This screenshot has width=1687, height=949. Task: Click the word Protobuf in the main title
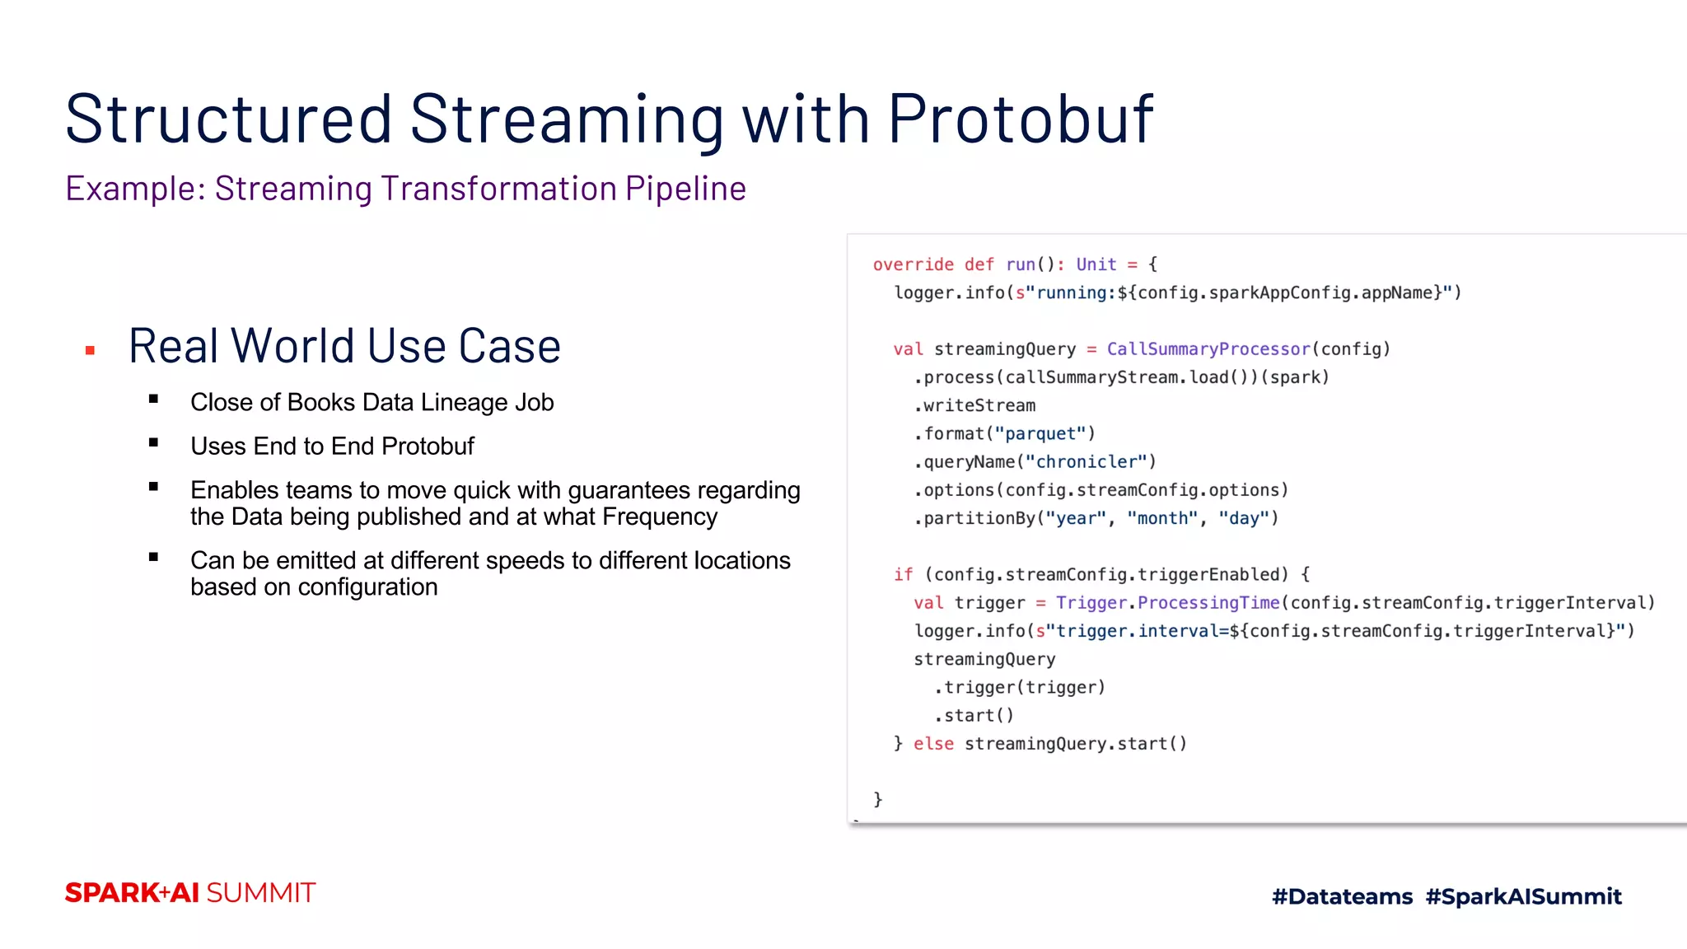pos(1020,120)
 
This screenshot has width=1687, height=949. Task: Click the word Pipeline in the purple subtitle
pos(685,189)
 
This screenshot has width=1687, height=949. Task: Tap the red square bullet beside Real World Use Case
pos(91,351)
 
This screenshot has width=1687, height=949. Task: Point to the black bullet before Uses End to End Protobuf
pos(153,443)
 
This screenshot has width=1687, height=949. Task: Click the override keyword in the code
pos(913,264)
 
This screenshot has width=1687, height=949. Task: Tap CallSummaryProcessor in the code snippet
pos(1208,349)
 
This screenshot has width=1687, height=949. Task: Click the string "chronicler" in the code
pos(1086,462)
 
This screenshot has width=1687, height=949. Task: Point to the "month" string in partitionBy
pos(1162,518)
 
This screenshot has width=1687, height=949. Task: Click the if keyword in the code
pos(903,574)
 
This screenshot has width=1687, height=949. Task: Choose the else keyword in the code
pos(933,744)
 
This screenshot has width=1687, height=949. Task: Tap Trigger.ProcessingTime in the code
pos(1167,603)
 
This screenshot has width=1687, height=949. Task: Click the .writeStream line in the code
pos(974,405)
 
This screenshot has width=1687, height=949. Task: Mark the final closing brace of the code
pos(877,799)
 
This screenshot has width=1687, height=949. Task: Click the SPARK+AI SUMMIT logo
pos(190,893)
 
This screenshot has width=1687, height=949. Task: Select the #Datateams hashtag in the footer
pos(1342,896)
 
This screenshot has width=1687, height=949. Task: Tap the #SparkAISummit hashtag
pos(1523,896)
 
